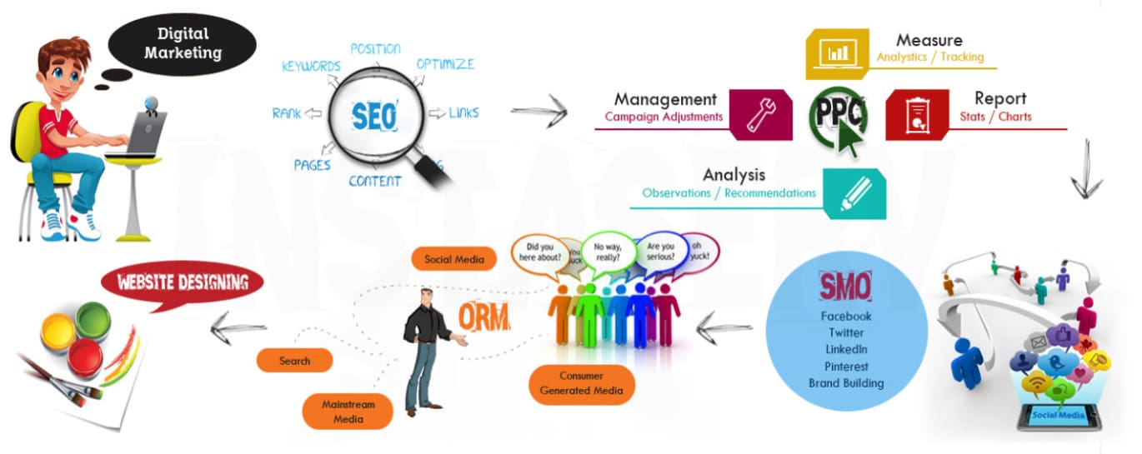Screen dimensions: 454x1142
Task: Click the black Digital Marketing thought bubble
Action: pyautogui.click(x=182, y=43)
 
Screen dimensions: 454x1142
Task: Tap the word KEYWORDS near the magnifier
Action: pyautogui.click(x=311, y=66)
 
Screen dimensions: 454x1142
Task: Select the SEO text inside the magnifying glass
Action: pyautogui.click(x=374, y=116)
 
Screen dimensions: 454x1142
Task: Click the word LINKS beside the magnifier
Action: pyautogui.click(x=463, y=112)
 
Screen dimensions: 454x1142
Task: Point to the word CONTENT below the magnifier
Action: pyautogui.click(x=374, y=181)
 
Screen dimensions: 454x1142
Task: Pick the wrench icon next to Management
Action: pyautogui.click(x=760, y=115)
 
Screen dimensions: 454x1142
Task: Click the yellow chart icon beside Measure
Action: pyautogui.click(x=836, y=53)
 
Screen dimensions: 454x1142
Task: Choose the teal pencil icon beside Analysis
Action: pyautogui.click(x=854, y=194)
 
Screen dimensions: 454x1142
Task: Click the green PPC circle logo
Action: pyautogui.click(x=837, y=117)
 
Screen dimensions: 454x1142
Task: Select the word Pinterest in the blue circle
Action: pyautogui.click(x=846, y=367)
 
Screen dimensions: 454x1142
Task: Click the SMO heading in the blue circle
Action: pyautogui.click(x=845, y=287)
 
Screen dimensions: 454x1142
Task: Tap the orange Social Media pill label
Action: pyautogui.click(x=454, y=259)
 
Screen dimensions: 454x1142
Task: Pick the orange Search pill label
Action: pyautogui.click(x=294, y=361)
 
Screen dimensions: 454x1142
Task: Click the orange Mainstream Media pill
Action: pyautogui.click(x=348, y=412)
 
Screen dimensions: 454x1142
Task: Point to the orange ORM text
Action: pyautogui.click(x=483, y=317)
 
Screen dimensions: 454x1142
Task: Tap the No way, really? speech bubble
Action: pyautogui.click(x=609, y=251)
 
